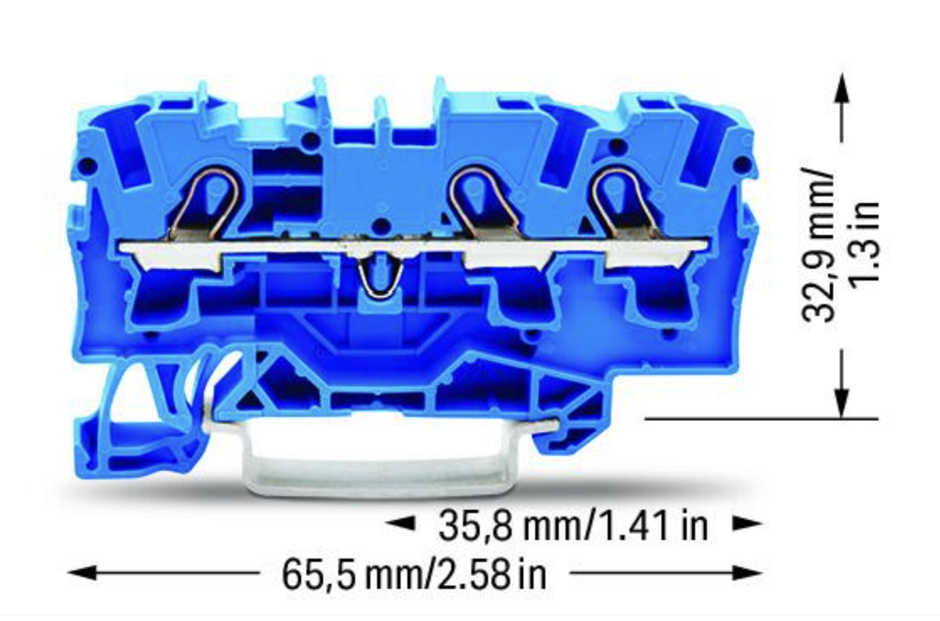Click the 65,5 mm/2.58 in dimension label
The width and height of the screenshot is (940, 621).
tap(414, 575)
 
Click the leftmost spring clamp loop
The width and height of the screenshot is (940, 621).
tap(208, 200)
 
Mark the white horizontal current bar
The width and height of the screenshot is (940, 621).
tap(413, 248)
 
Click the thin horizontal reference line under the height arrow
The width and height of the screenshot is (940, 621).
tap(762, 419)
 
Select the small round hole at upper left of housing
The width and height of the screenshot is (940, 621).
tap(88, 165)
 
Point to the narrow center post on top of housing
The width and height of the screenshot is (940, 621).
tap(381, 116)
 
